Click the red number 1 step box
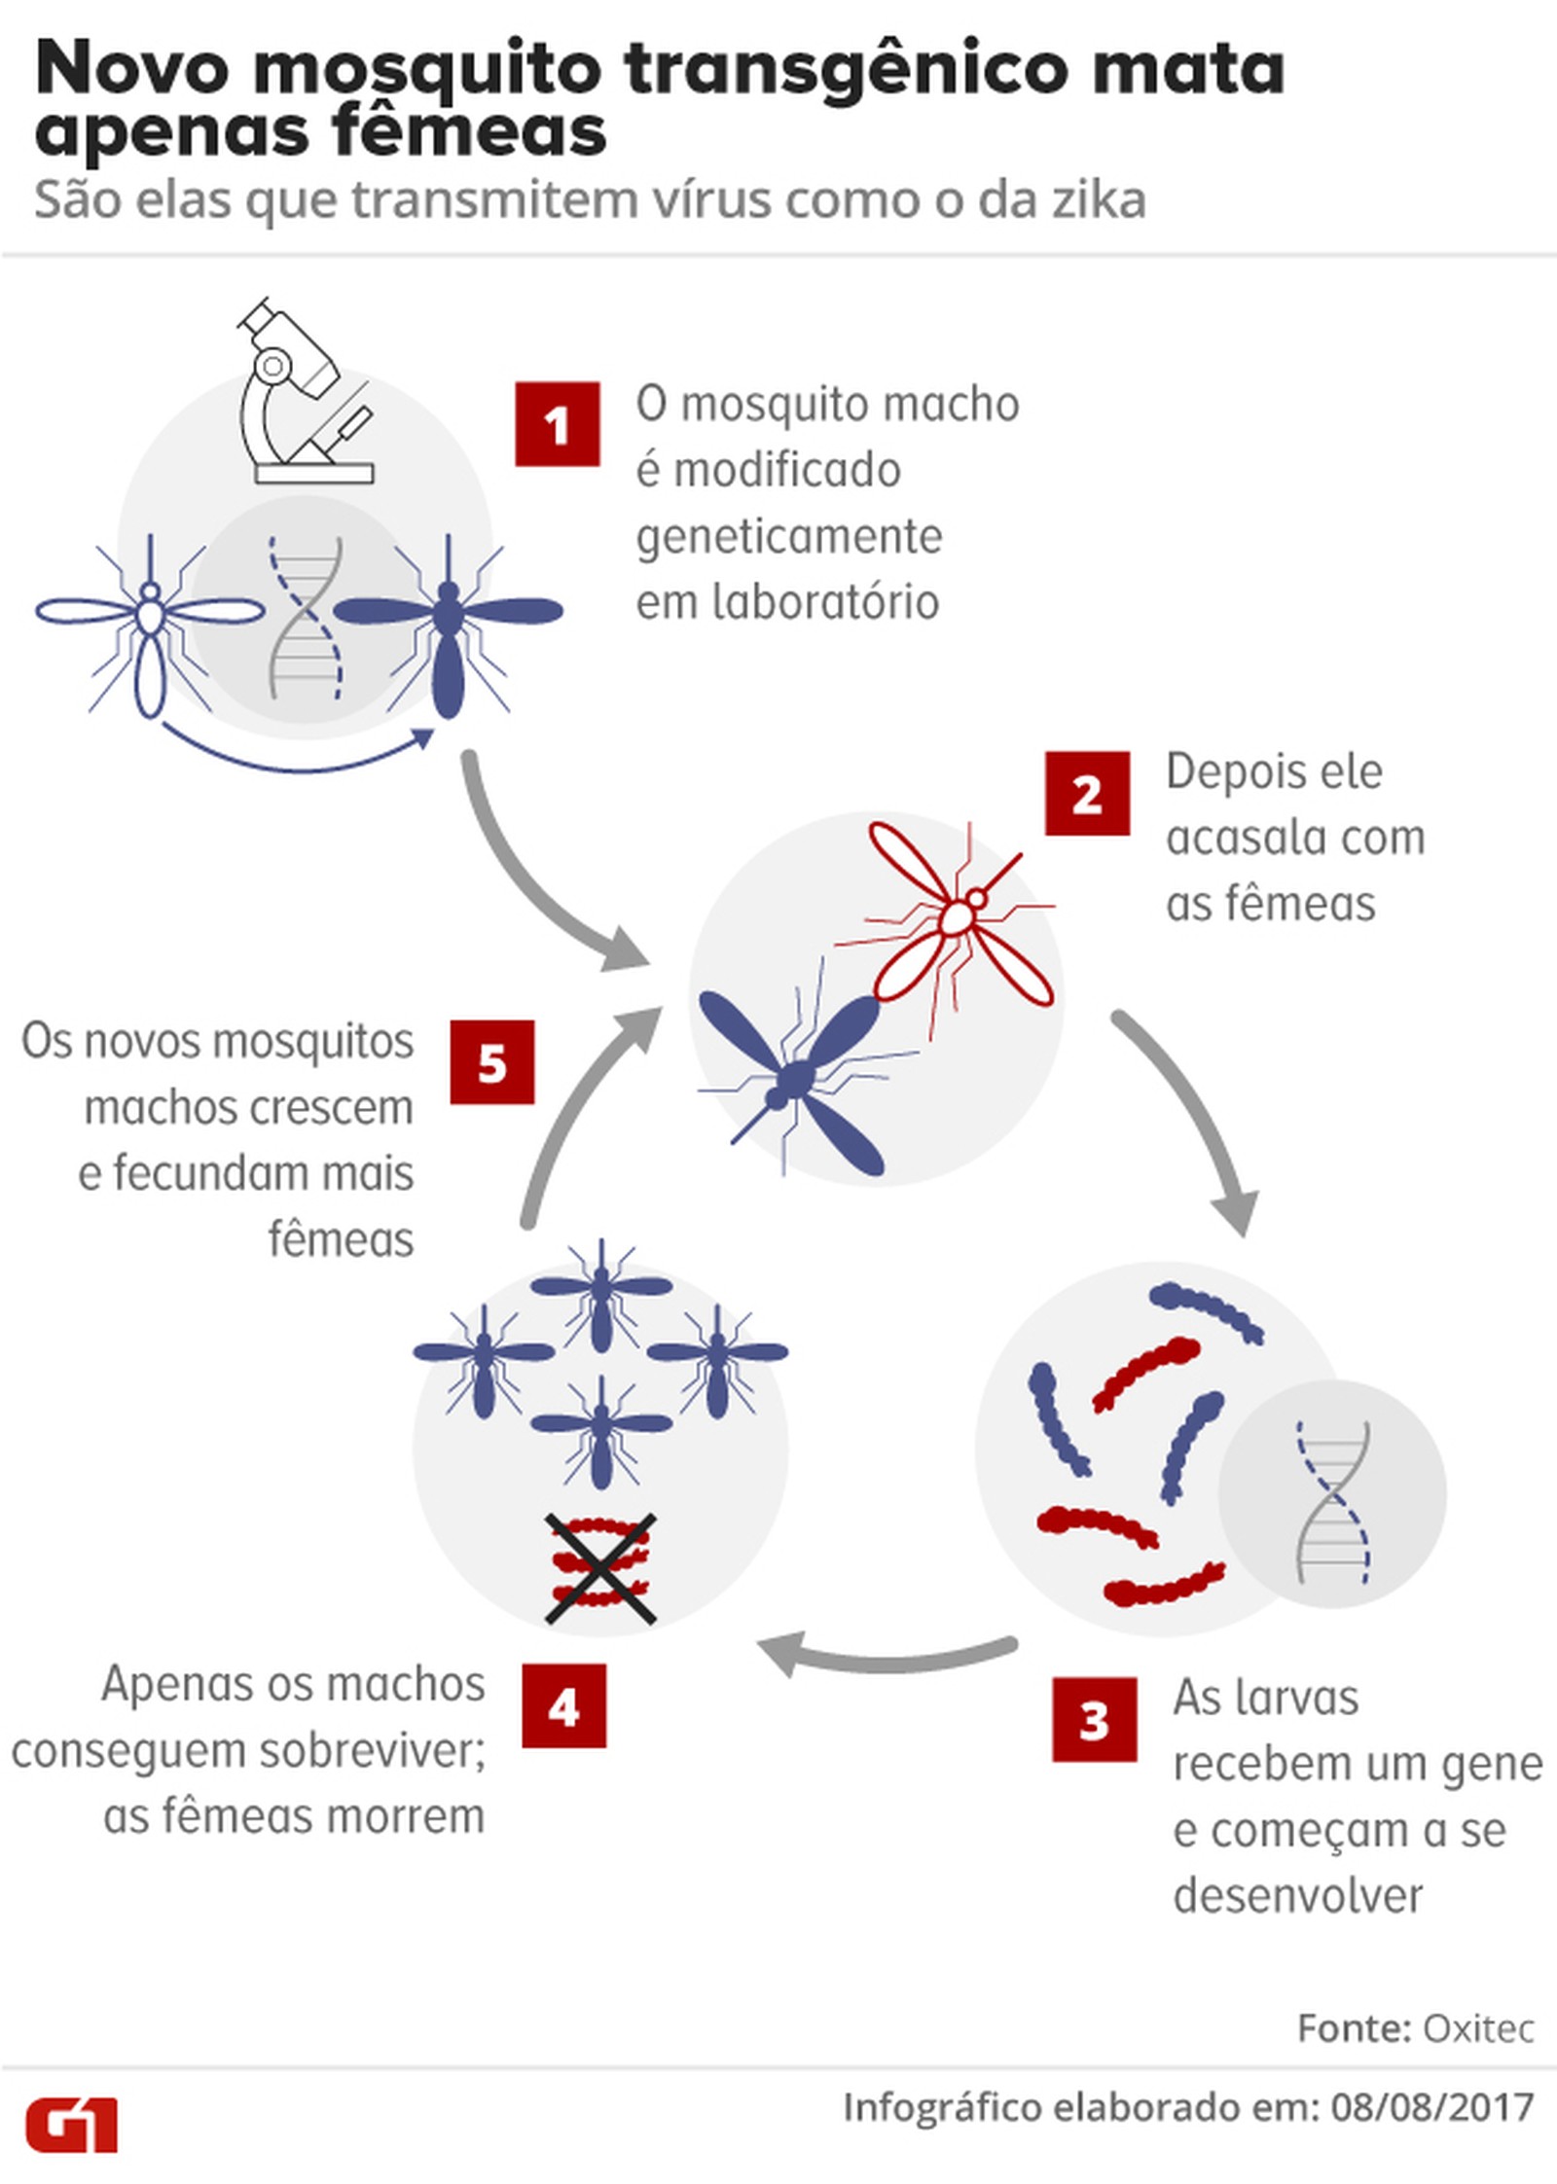click(x=557, y=425)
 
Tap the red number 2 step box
click(x=1087, y=794)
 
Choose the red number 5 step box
click(x=491, y=1062)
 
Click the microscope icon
click(x=302, y=394)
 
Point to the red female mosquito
click(x=959, y=914)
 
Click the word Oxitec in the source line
click(x=1478, y=2028)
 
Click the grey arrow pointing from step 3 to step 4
click(x=886, y=1653)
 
